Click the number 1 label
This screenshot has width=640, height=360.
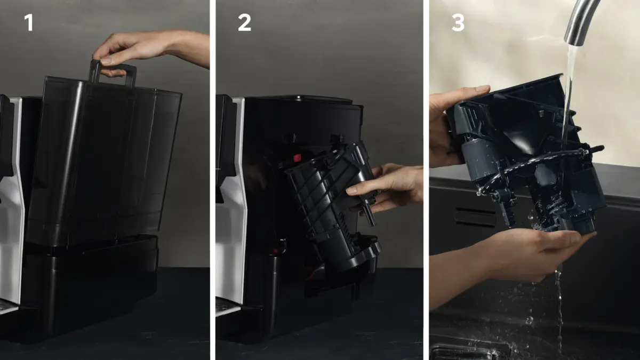click(x=29, y=22)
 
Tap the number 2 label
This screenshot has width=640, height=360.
click(x=244, y=22)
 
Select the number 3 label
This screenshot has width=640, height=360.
click(x=458, y=22)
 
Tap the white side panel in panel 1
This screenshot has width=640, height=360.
click(x=13, y=200)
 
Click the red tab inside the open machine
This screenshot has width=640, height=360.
click(x=297, y=157)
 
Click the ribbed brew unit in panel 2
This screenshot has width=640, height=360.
click(x=331, y=206)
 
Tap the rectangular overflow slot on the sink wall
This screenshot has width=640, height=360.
click(x=475, y=217)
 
